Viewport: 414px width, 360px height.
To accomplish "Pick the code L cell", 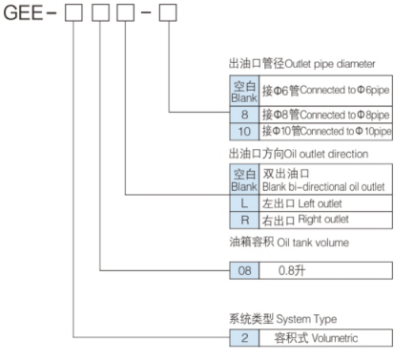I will pos(241,202).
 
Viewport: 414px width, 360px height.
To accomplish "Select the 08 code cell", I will pos(242,271).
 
